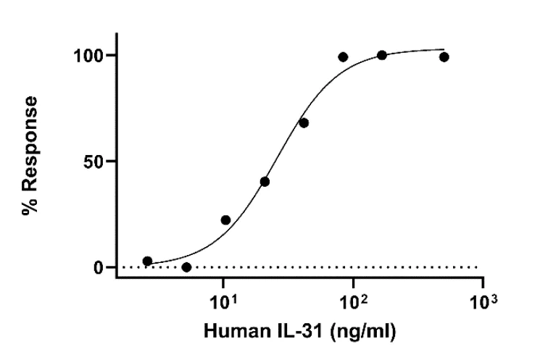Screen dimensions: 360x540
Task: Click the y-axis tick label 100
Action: (91, 56)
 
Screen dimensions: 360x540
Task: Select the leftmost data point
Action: (147, 261)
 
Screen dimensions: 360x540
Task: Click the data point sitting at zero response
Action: (186, 267)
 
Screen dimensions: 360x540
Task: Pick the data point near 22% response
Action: (225, 219)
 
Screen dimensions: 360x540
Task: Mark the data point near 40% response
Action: (265, 181)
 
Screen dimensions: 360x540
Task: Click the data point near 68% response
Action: (304, 122)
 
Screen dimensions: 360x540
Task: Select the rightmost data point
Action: (444, 56)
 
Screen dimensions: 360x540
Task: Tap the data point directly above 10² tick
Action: (382, 55)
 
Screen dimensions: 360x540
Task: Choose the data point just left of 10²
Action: (343, 56)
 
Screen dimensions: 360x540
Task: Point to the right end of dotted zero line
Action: (478, 267)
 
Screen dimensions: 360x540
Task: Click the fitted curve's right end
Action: (444, 50)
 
